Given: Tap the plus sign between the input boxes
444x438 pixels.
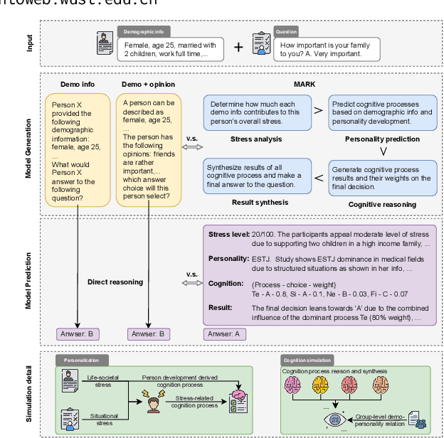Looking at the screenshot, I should coord(238,48).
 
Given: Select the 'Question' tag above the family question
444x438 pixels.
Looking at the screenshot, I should coord(287,33).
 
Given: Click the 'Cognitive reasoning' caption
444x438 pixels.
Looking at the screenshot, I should coord(381,205).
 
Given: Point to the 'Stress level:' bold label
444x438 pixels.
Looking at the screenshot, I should coord(228,234).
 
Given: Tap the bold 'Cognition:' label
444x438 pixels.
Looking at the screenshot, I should coord(227,283).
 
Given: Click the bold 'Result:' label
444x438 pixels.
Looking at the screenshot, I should coord(221,308).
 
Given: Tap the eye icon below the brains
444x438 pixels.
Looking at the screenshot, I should coord(332,420).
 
